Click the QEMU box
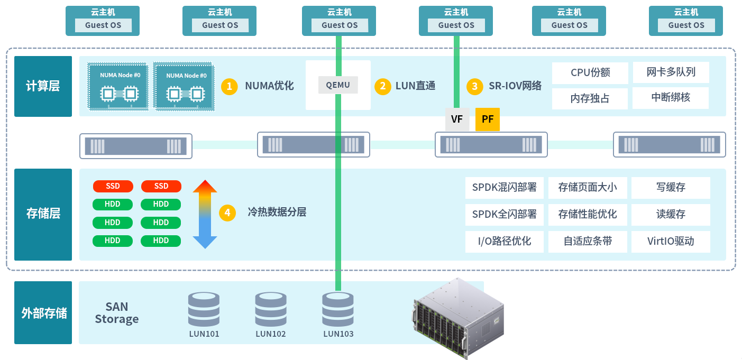coord(338,85)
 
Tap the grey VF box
coord(457,119)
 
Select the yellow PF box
coord(488,119)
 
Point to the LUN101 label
coord(204,334)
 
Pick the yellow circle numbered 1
coord(229,86)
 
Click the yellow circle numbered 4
coord(227,213)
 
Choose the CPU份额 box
coord(590,73)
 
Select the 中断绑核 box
coord(671,98)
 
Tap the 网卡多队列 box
coord(671,72)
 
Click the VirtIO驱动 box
coord(671,242)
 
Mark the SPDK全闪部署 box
coord(505,215)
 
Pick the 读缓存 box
coord(671,215)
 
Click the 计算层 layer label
coord(43,86)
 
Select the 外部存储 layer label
coord(43,312)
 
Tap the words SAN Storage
coord(117,313)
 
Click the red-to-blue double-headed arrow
coord(205,214)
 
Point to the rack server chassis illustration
coord(458,317)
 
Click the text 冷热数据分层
coord(277,213)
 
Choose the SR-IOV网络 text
coord(515,86)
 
